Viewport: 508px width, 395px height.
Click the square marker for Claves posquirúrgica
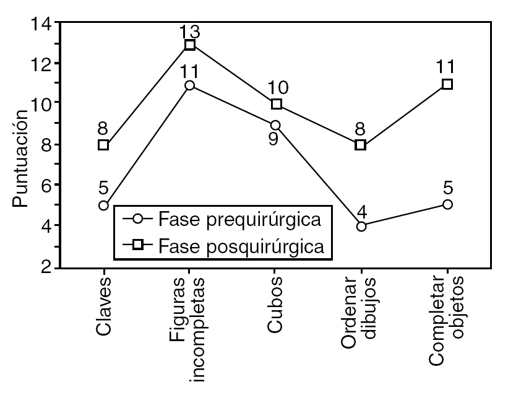click(104, 145)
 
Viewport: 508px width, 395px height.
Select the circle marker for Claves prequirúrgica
click(104, 205)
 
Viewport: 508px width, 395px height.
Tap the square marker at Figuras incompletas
click(190, 45)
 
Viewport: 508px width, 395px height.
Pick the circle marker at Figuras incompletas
click(190, 85)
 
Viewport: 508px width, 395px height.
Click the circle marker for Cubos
click(276, 125)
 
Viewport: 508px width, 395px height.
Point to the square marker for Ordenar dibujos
click(361, 145)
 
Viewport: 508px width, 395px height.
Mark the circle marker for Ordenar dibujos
click(361, 226)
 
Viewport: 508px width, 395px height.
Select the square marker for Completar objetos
click(447, 84)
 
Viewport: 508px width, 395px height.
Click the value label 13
click(189, 30)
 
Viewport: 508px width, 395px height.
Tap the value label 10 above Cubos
click(275, 89)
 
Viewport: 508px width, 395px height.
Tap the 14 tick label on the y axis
click(41, 24)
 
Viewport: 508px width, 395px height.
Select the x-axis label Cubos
click(276, 307)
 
